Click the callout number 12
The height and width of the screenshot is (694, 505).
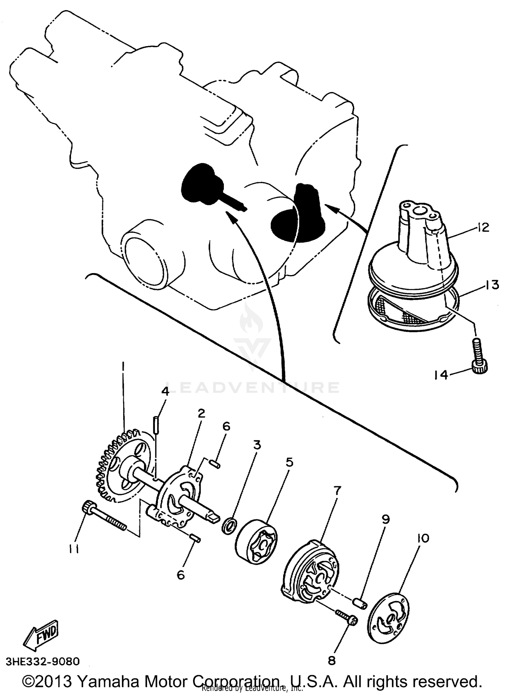(483, 228)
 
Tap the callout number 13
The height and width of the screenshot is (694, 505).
(492, 285)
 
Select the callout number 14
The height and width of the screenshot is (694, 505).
(441, 374)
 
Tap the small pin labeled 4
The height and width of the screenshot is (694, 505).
(156, 425)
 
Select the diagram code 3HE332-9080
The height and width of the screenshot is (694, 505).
(43, 661)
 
